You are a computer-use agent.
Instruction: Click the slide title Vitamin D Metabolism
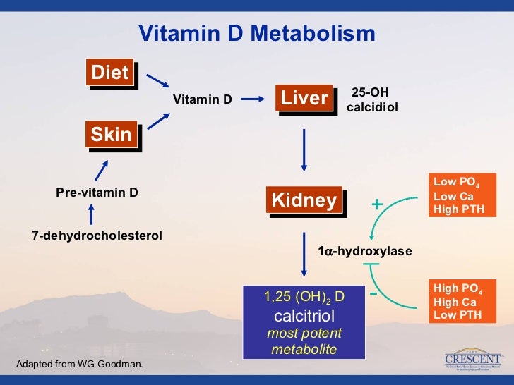click(256, 34)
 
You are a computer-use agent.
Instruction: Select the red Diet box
click(110, 73)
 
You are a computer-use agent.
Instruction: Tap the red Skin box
click(112, 134)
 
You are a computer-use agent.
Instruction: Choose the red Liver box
click(304, 98)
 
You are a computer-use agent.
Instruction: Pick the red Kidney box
click(304, 200)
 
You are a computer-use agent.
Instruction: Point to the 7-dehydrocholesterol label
click(97, 235)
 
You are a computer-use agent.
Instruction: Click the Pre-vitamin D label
click(97, 191)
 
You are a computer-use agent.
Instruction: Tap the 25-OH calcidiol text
click(373, 99)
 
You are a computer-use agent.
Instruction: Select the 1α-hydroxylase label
click(365, 251)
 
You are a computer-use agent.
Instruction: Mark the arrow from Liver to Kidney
click(304, 149)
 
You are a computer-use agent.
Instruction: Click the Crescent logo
click(474, 359)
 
